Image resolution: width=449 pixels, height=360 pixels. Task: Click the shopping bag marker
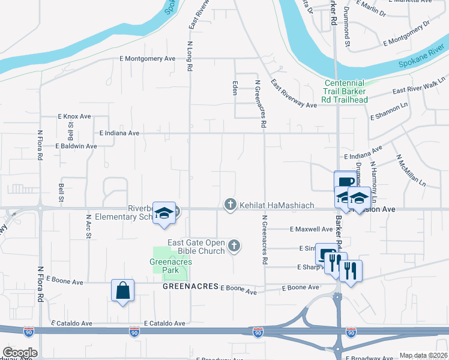122,291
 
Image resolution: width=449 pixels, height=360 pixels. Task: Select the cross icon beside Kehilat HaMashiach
229,205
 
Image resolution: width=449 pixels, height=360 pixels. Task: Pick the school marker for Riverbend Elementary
163,213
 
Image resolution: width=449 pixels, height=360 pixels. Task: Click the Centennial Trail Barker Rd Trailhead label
344,91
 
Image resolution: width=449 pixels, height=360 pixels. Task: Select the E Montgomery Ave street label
147,58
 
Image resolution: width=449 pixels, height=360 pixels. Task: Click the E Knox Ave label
74,116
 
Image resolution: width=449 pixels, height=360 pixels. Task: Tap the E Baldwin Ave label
76,146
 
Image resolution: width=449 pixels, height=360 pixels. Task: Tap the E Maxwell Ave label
310,229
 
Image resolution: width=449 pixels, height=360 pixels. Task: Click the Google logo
20,353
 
